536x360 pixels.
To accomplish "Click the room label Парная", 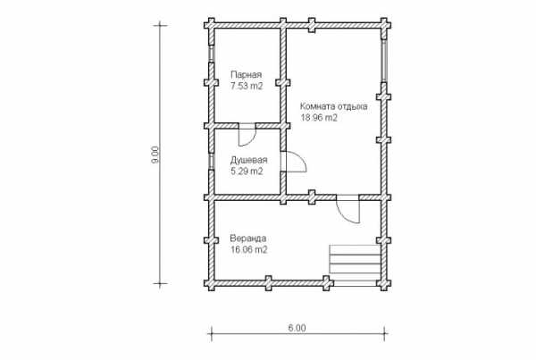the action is pos(247,74).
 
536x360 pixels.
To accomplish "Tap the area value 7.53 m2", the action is pos(247,86).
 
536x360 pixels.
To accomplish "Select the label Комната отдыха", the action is pos(334,106).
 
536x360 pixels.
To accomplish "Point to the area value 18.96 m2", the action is pos(319,118).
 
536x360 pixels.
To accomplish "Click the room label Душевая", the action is pos(248,160).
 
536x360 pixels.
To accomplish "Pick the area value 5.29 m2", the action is pos(247,172).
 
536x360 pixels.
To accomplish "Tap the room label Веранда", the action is pos(247,238).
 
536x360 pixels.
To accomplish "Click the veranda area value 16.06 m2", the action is pos(249,250).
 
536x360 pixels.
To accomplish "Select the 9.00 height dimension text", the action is pos(155,155).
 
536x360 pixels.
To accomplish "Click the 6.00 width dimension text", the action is pos(297,328).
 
